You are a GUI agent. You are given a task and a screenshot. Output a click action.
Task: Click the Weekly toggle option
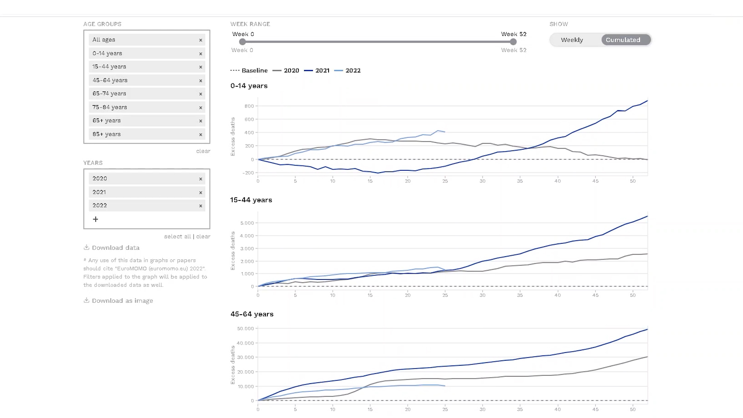(x=572, y=40)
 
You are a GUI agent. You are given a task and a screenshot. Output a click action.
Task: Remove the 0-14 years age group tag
(x=200, y=54)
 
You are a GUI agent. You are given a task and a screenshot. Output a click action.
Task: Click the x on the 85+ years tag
(x=200, y=135)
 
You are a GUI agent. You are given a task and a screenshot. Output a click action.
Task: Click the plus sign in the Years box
(x=96, y=219)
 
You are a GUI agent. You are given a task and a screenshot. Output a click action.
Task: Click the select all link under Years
(x=178, y=236)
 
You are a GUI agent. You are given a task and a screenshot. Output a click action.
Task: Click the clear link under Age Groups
(x=203, y=151)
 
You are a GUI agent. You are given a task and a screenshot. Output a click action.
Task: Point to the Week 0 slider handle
(x=243, y=42)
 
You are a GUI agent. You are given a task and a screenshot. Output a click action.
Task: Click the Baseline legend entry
(x=249, y=70)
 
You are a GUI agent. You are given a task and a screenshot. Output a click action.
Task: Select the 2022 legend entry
(x=348, y=70)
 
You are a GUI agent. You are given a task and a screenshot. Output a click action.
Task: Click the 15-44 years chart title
(x=251, y=200)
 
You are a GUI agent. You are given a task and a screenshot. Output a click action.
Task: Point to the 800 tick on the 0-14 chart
(x=249, y=106)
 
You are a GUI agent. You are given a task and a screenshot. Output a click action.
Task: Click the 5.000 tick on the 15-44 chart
(x=247, y=223)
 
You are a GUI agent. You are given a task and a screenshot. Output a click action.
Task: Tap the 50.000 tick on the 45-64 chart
(x=246, y=329)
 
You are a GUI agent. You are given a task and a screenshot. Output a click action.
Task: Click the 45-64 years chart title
(x=252, y=314)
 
